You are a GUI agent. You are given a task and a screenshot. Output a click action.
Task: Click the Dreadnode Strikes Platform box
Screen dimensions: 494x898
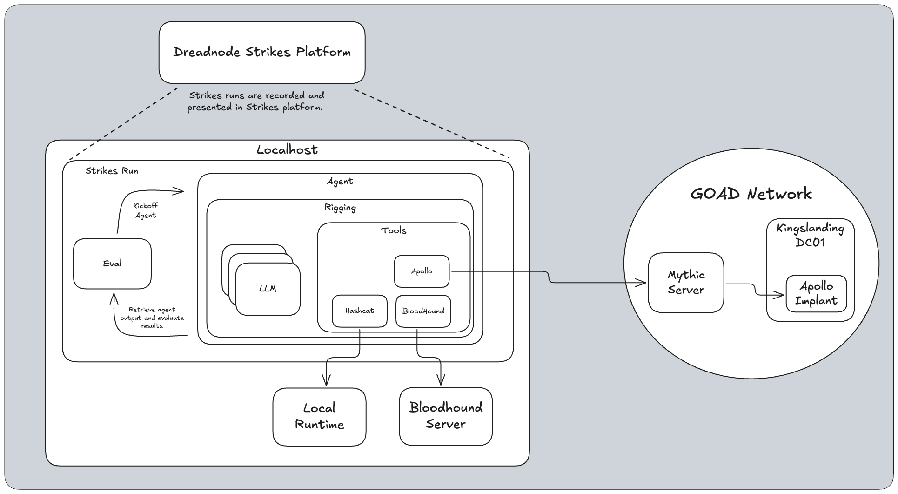tap(262, 52)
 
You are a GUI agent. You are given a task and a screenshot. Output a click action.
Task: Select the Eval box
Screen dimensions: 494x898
tap(112, 264)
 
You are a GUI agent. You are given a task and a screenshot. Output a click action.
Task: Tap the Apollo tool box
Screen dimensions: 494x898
tap(422, 271)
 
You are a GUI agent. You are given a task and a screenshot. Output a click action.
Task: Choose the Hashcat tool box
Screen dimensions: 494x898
tap(360, 311)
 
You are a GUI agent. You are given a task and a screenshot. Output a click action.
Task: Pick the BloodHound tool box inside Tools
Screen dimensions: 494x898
tap(423, 311)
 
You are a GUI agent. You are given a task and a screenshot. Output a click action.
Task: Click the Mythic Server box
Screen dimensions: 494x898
tap(686, 283)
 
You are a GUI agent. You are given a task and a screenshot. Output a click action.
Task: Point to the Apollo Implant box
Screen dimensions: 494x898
tap(816, 293)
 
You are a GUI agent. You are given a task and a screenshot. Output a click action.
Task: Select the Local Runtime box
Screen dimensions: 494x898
tap(319, 416)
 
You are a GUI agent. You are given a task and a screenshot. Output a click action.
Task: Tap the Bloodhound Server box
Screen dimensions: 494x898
tap(446, 416)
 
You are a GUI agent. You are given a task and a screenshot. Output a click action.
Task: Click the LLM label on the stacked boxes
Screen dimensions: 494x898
tap(268, 289)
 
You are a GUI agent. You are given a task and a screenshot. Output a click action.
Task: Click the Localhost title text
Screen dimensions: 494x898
tap(287, 150)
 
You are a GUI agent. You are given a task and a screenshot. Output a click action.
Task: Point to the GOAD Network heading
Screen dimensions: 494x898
tap(751, 194)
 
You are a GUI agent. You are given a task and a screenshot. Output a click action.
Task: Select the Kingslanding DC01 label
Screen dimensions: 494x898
tap(810, 235)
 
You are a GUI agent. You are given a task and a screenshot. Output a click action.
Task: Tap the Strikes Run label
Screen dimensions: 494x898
tap(112, 171)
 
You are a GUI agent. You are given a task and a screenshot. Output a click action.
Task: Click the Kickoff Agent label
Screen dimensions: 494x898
tap(146, 210)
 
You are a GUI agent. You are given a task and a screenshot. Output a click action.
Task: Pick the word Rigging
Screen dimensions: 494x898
tap(340, 207)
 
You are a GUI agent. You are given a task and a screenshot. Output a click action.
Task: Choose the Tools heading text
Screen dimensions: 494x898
tap(394, 230)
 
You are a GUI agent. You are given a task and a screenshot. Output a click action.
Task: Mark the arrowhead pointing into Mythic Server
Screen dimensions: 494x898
tap(643, 283)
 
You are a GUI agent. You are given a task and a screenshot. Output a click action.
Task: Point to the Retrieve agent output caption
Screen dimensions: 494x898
tap(152, 318)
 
